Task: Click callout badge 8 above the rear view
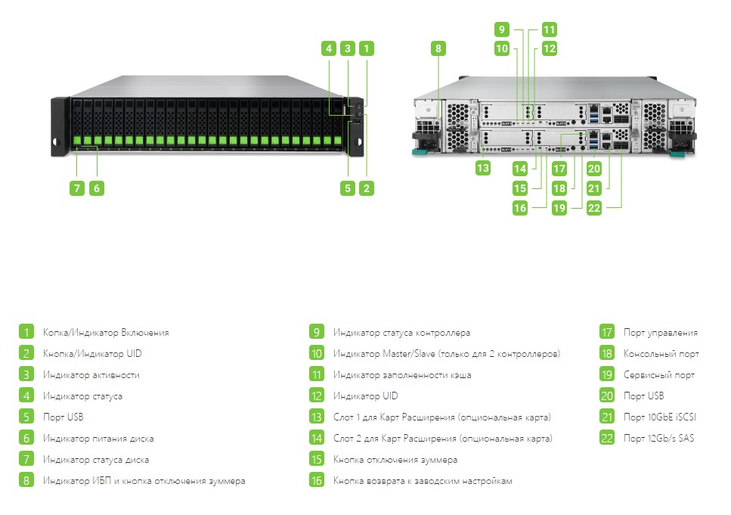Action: [x=438, y=48]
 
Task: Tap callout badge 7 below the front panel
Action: [x=77, y=188]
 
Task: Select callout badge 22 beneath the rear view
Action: [x=593, y=208]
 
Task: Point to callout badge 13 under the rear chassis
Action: [x=482, y=169]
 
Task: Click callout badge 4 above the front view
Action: [x=329, y=48]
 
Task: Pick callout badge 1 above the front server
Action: [x=366, y=48]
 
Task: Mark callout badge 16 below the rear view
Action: [x=520, y=208]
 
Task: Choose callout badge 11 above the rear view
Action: [x=549, y=29]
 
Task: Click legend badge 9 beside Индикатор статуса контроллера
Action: [x=317, y=332]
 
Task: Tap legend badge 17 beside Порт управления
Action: [x=606, y=332]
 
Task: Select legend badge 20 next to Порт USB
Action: [x=606, y=396]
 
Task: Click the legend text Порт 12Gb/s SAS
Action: [x=658, y=438]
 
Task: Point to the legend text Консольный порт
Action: [x=661, y=354]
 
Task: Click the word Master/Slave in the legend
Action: [x=409, y=354]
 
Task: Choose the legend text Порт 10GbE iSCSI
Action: [x=660, y=417]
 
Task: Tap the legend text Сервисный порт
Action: [x=658, y=374]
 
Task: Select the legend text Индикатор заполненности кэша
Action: [x=402, y=374]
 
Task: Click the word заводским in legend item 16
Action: [x=435, y=481]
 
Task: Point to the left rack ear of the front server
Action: [x=60, y=126]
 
